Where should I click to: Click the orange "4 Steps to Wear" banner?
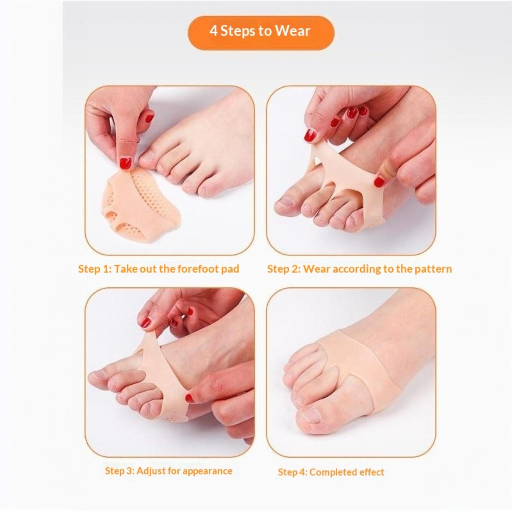click(x=261, y=33)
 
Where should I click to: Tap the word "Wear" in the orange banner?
click(x=293, y=31)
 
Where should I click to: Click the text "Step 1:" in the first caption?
click(x=95, y=269)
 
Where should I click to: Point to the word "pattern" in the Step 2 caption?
click(x=433, y=269)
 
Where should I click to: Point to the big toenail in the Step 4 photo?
click(x=309, y=415)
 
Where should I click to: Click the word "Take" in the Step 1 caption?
click(x=125, y=269)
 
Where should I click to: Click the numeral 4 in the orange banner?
click(x=214, y=31)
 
